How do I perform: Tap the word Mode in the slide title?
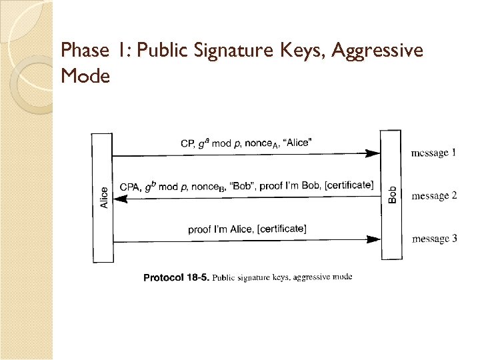[x=85, y=76]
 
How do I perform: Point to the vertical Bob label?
[x=392, y=194]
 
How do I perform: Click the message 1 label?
[x=434, y=153]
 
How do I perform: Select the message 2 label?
[x=434, y=196]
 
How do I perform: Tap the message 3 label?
[x=434, y=239]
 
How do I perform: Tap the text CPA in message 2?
[x=129, y=187]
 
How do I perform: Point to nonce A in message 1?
[x=261, y=143]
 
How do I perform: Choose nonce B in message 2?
[x=208, y=187]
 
